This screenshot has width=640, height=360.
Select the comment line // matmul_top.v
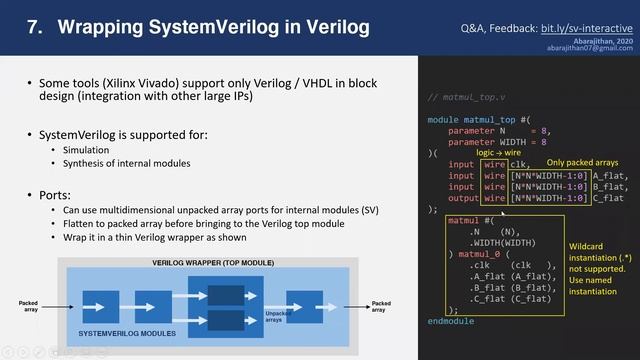466,97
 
